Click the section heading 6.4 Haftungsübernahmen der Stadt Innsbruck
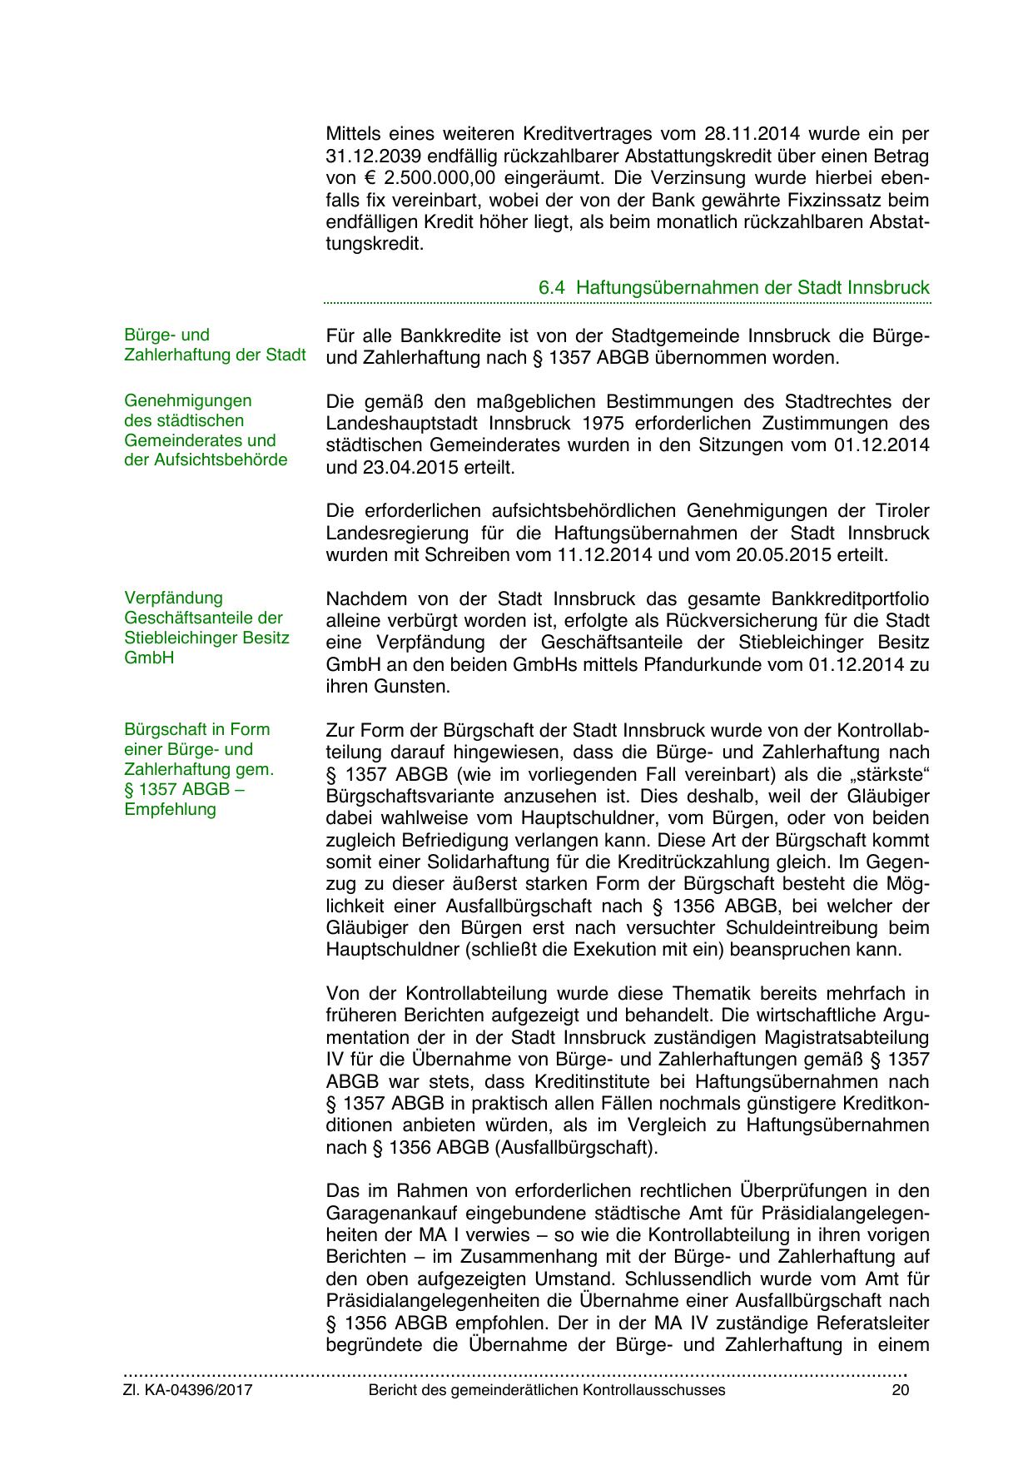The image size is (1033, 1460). (733, 288)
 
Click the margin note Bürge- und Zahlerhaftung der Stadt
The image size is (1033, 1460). (215, 345)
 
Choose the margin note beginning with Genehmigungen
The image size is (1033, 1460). (206, 430)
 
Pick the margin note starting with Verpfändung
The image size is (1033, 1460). (206, 628)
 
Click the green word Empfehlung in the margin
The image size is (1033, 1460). (170, 809)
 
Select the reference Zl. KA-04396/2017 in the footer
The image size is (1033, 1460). (188, 1390)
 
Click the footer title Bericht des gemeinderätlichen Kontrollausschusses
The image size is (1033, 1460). (546, 1390)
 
